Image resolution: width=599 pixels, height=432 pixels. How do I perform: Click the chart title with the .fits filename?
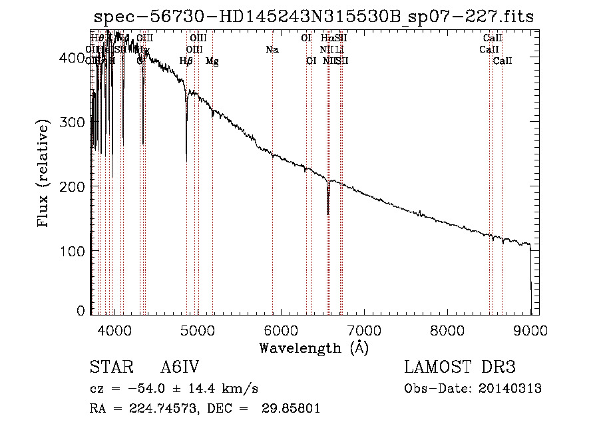point(313,17)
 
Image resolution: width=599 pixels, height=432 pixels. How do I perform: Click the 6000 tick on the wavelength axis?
point(280,330)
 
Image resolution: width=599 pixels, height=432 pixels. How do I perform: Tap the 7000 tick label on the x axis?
point(364,330)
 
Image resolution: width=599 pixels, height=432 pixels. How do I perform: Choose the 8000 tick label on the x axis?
point(447,330)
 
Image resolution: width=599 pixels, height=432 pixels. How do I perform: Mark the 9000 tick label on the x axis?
point(530,330)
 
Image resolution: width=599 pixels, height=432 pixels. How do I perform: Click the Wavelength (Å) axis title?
point(313,347)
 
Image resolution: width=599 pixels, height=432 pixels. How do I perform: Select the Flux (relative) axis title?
point(45,174)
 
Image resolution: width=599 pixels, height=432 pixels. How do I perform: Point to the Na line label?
point(272,49)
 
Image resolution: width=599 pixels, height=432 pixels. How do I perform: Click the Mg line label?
point(212,61)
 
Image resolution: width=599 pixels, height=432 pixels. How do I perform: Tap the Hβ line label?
point(186,61)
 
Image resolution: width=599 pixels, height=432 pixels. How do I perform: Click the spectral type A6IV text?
point(180,368)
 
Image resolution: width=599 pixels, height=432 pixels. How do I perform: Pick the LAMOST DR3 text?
point(460,368)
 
